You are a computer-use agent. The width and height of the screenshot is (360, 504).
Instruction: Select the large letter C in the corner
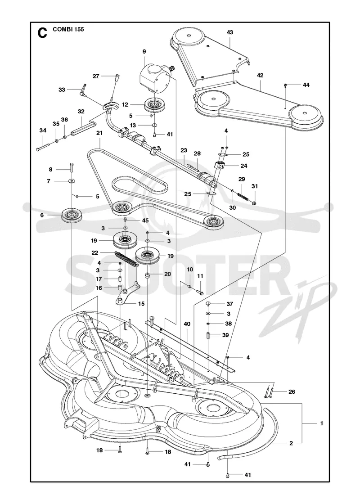tap(42, 33)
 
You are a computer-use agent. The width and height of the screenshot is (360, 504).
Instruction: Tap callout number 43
tap(230, 32)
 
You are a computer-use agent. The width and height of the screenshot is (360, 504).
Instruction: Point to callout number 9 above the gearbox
tap(144, 51)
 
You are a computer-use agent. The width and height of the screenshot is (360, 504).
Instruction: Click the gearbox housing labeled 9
tap(154, 77)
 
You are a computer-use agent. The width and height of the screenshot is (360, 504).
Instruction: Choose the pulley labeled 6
tap(72, 215)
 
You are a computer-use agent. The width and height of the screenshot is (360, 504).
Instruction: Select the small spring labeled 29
tap(243, 195)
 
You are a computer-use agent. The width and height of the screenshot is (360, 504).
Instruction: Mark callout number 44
tap(306, 85)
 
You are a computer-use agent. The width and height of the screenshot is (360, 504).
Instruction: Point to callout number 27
tap(96, 76)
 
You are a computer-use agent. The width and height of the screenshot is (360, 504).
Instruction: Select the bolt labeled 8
tap(72, 167)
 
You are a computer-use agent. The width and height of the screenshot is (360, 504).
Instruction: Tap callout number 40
tap(187, 324)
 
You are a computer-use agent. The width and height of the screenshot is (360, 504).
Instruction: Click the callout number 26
tap(292, 391)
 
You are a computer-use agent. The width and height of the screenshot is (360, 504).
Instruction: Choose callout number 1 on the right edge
tap(322, 423)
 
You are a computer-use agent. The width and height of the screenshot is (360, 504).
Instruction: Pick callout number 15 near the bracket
tap(141, 303)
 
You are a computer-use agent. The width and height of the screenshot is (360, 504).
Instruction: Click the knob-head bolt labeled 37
tap(209, 304)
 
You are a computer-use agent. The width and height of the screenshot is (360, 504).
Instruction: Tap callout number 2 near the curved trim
tap(291, 443)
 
